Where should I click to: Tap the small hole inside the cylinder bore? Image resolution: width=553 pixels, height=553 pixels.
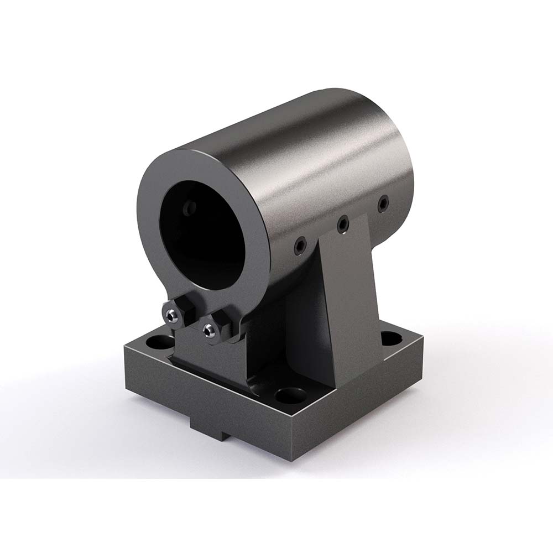[x=190, y=208]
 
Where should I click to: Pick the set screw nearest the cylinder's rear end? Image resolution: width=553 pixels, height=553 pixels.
[x=382, y=204]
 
